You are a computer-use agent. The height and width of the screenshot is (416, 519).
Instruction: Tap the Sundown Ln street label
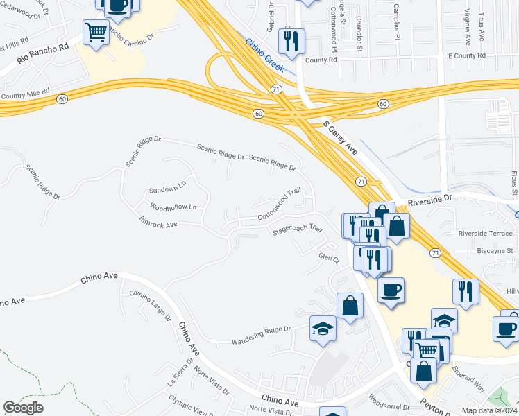click(x=168, y=189)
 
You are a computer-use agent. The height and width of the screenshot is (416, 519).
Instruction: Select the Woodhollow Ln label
click(x=173, y=207)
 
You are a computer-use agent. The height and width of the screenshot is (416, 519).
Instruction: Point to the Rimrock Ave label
click(x=158, y=224)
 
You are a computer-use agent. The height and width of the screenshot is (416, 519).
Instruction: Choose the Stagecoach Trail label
click(x=298, y=228)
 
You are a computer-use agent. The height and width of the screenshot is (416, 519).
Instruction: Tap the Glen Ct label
click(x=327, y=258)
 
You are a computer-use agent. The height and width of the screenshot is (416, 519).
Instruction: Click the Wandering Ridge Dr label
click(x=261, y=334)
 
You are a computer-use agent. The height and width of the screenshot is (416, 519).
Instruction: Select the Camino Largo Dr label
click(x=150, y=304)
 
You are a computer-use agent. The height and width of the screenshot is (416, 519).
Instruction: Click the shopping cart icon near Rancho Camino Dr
click(x=96, y=32)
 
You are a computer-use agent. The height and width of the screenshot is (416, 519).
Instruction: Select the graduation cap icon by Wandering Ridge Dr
click(x=323, y=328)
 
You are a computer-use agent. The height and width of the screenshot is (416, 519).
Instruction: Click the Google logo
click(x=24, y=408)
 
